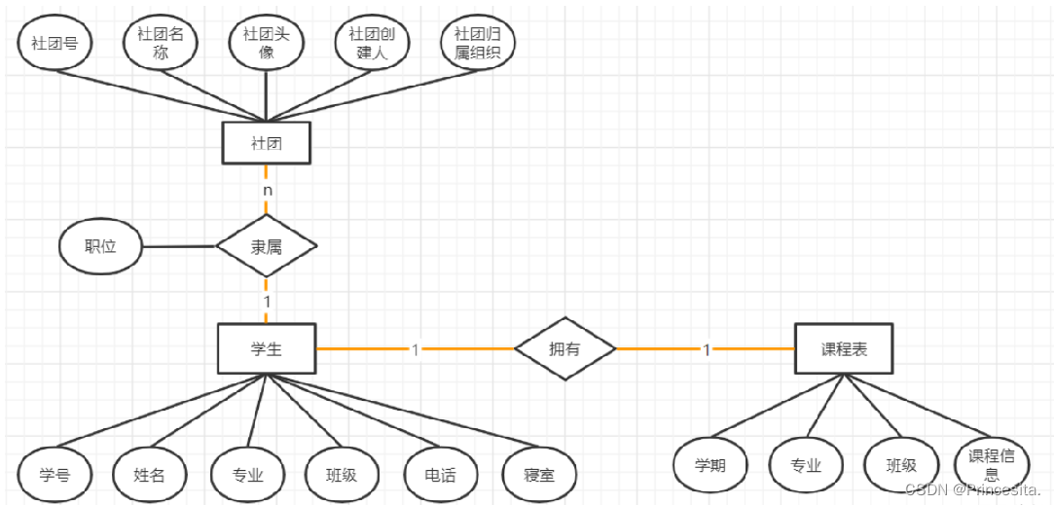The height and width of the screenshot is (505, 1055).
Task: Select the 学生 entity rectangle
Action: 266,348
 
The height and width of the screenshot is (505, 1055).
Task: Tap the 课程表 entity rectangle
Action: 843,348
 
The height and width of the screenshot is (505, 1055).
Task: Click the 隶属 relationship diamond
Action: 266,247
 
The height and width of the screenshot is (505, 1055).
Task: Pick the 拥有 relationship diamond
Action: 564,348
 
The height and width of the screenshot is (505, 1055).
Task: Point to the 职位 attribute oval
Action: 101,246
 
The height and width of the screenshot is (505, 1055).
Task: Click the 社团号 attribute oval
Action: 55,44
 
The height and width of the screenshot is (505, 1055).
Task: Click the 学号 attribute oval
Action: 55,475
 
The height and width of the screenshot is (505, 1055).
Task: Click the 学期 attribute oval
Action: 709,465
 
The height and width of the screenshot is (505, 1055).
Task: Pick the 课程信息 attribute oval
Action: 993,465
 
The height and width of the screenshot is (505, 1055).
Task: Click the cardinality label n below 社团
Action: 267,190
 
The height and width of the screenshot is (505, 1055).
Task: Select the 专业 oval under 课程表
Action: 805,465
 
